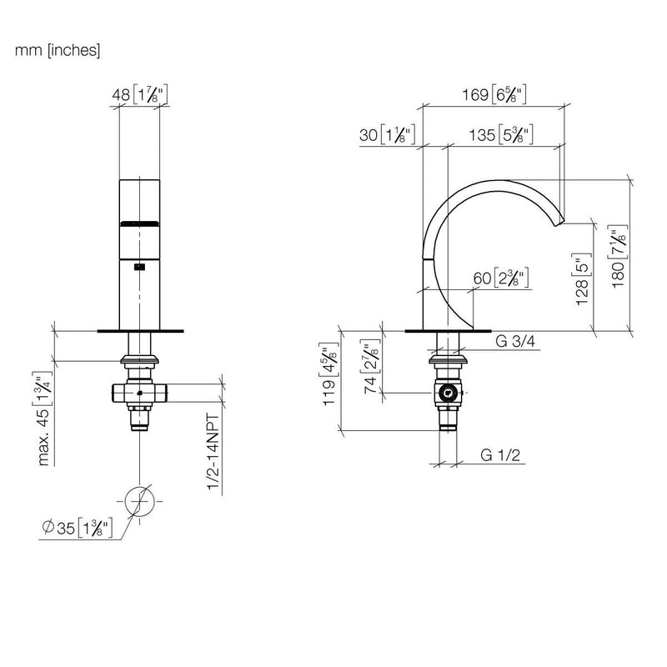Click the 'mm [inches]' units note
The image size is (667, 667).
pos(58,51)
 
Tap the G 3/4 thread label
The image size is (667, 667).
pos(515,341)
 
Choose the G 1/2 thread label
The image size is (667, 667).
pos(500,455)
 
